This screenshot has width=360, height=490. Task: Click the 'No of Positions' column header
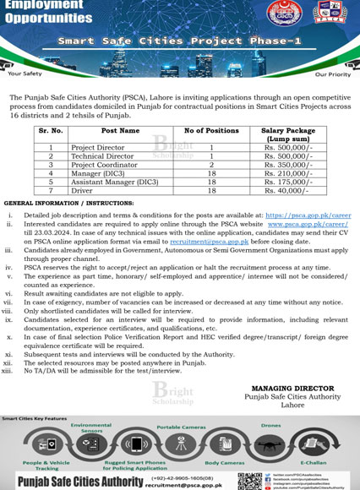click(211, 131)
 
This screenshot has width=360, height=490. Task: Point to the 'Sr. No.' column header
click(51, 131)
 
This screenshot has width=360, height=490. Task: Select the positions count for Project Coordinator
click(211, 164)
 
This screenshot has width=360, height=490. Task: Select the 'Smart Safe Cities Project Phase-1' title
click(178, 40)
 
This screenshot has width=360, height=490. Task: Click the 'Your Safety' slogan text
click(25, 73)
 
